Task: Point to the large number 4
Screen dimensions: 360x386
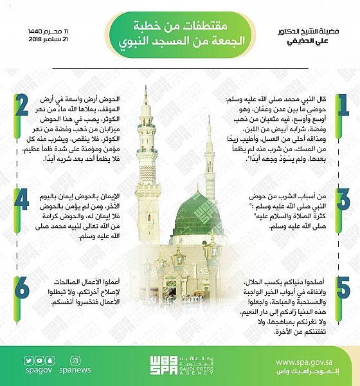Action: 22,200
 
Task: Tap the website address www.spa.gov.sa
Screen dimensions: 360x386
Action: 309,362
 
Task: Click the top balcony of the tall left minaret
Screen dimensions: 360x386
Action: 147,122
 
